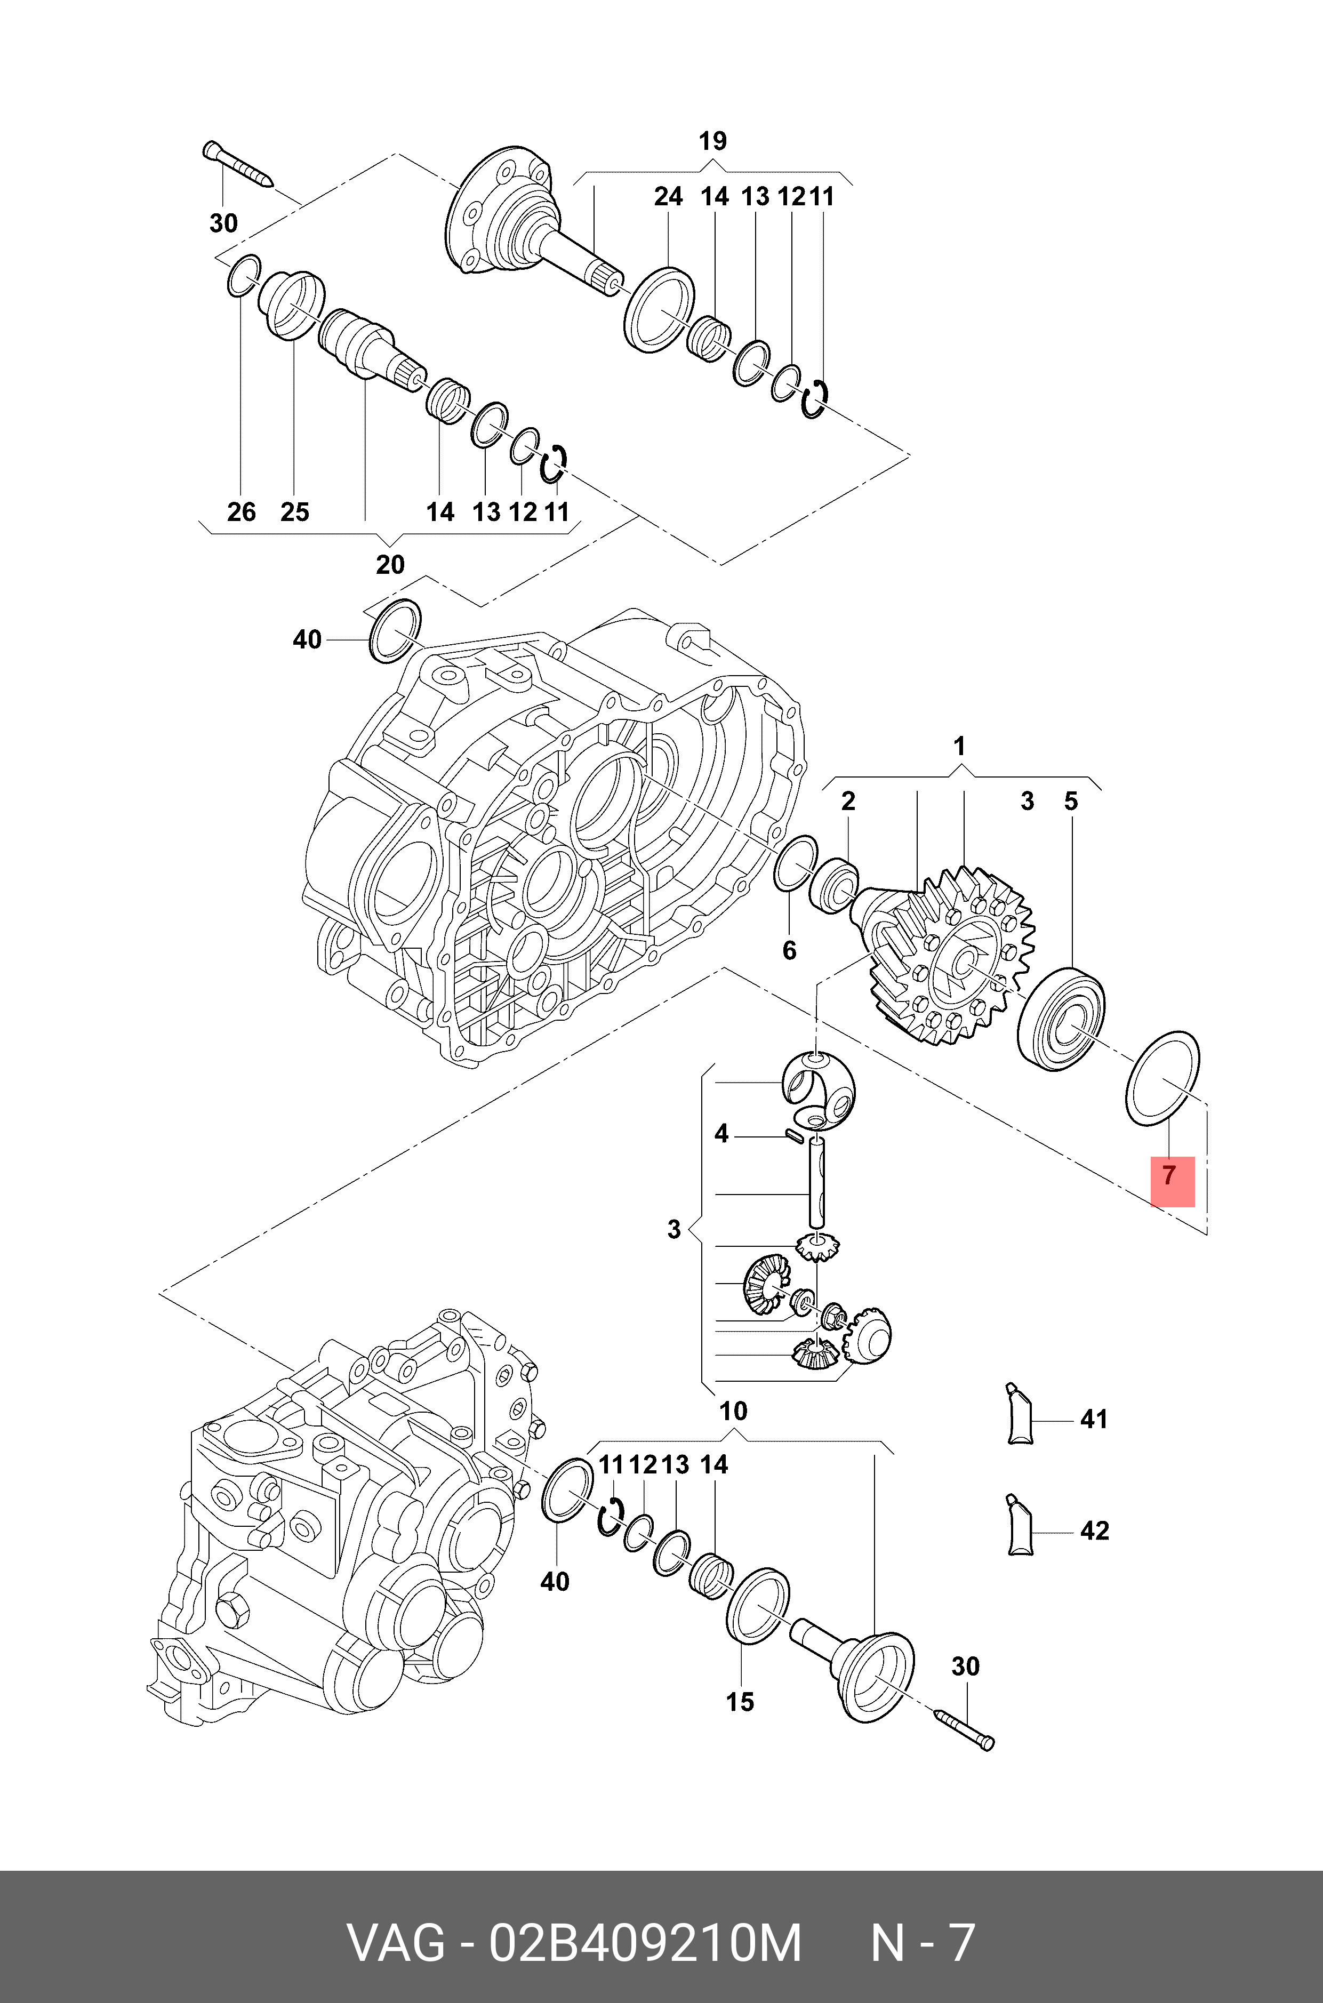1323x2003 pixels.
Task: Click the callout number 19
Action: coord(712,141)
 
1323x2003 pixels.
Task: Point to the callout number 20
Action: coord(390,564)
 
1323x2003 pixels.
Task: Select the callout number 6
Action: coord(789,950)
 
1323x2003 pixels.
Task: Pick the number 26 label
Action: coord(242,511)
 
